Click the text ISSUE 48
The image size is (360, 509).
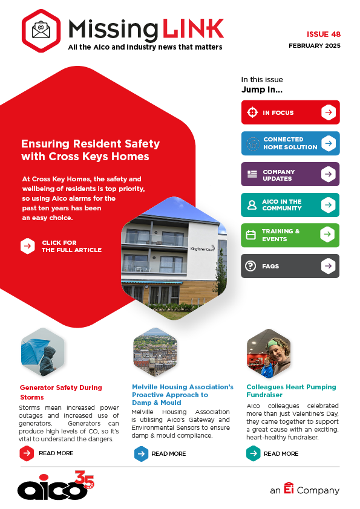tap(324, 34)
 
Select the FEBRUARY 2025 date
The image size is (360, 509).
tap(315, 46)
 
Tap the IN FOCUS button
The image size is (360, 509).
tap(290, 112)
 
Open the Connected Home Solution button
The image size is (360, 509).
tap(290, 143)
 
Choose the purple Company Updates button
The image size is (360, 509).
tap(290, 174)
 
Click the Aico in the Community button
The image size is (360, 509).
tap(290, 205)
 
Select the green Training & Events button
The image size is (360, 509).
tap(290, 235)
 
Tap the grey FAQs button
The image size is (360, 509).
tap(290, 266)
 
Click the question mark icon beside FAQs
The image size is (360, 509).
tap(250, 266)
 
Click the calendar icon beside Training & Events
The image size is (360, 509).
tap(251, 235)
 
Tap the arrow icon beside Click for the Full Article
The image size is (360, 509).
tap(28, 246)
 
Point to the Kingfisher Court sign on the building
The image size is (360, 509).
tap(203, 248)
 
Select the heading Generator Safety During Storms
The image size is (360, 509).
tap(61, 392)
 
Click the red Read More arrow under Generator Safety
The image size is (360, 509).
tap(27, 453)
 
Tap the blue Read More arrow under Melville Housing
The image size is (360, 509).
tap(142, 454)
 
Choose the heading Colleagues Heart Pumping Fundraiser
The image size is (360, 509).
tap(291, 391)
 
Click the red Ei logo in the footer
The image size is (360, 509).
tap(289, 488)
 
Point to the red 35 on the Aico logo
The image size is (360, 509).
tap(84, 479)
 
